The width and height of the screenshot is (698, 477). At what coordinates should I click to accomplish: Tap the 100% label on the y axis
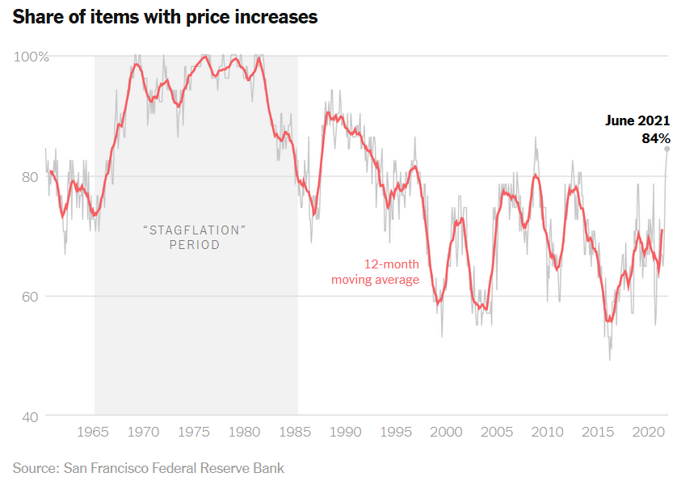click(x=32, y=57)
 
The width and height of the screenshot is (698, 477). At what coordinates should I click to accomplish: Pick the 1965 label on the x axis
click(x=95, y=432)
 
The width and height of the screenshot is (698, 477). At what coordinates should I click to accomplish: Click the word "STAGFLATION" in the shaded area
click(x=194, y=230)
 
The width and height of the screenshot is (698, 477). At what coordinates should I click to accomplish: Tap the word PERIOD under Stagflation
click(x=194, y=245)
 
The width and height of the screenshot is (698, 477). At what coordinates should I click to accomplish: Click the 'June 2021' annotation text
click(x=637, y=120)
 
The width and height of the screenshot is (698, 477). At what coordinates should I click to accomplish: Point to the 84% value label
click(x=655, y=138)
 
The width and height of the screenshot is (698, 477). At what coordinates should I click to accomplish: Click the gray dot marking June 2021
click(x=667, y=149)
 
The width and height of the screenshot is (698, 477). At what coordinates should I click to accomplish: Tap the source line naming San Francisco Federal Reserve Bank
click(x=149, y=467)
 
